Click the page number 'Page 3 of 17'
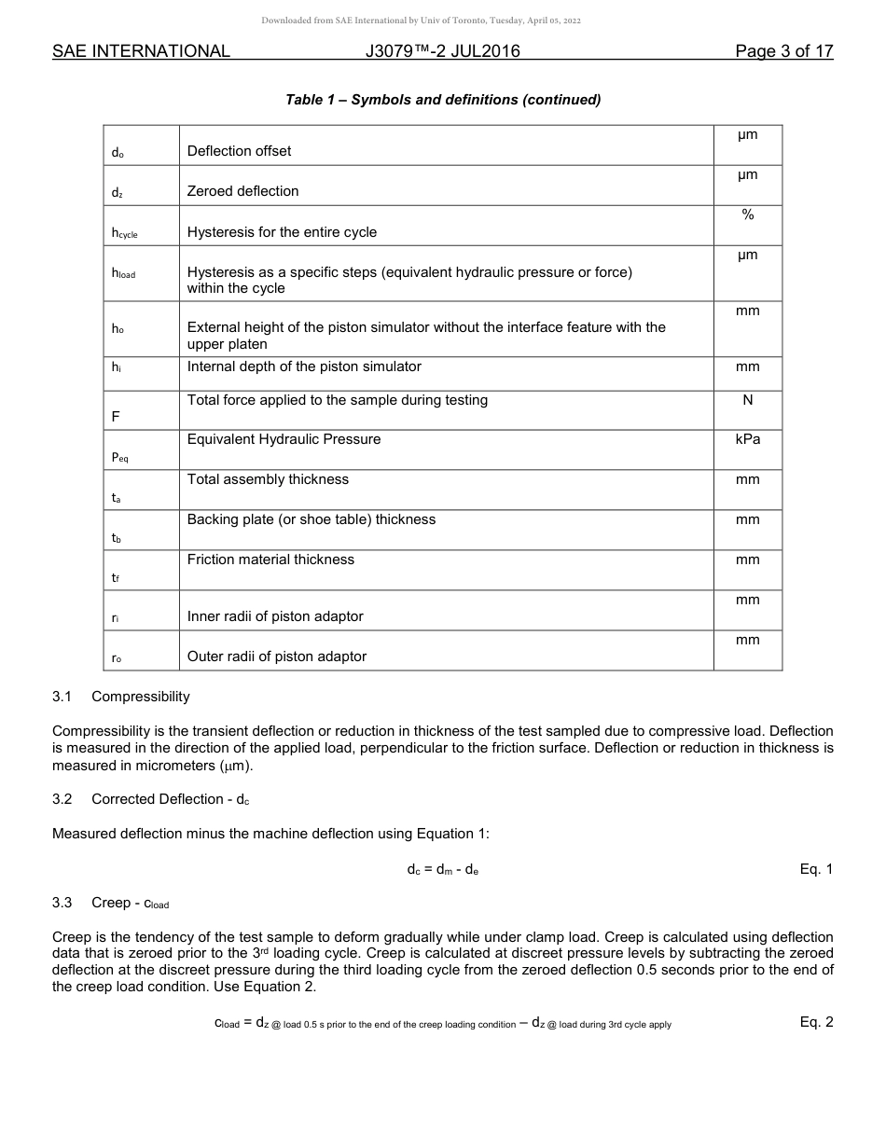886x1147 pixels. (x=783, y=51)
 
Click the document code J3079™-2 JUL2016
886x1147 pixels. (x=443, y=51)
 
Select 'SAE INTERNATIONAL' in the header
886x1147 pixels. (x=141, y=51)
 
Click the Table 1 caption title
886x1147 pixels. (x=443, y=100)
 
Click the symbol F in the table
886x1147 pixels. (x=116, y=417)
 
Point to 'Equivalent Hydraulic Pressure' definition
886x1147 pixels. (x=284, y=439)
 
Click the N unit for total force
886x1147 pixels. (x=747, y=400)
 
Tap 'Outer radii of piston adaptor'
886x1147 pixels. (x=276, y=656)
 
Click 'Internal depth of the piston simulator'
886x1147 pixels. (x=304, y=366)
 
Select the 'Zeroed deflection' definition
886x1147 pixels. (x=242, y=191)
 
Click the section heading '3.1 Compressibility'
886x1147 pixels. (x=121, y=697)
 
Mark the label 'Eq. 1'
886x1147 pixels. (x=815, y=869)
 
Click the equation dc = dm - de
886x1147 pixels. (x=443, y=870)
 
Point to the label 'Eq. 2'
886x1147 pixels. (x=815, y=1022)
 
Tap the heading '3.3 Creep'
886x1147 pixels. (x=111, y=903)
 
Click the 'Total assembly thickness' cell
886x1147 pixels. (x=268, y=479)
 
